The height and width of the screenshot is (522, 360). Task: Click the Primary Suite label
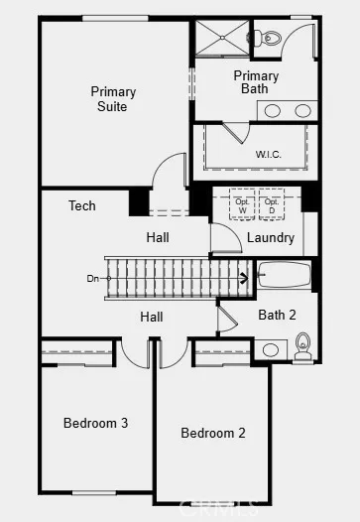pos(113,99)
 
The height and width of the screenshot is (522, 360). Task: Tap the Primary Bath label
pos(255,82)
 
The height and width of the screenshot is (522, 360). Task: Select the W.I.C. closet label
pos(268,154)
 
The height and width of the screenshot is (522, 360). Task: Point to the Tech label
pos(82,206)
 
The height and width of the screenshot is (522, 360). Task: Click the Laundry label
pos(270,238)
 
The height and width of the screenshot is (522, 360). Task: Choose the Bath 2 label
pos(277,316)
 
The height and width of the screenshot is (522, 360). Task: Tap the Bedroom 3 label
pos(95,424)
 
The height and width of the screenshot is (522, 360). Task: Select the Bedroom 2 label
pos(212,434)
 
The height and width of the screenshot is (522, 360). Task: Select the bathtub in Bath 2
pos(285,275)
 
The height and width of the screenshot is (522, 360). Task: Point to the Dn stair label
pos(92,279)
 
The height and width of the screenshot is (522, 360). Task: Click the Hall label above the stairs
pos(157,238)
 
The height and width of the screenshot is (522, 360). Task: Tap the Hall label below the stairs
pos(151,317)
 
